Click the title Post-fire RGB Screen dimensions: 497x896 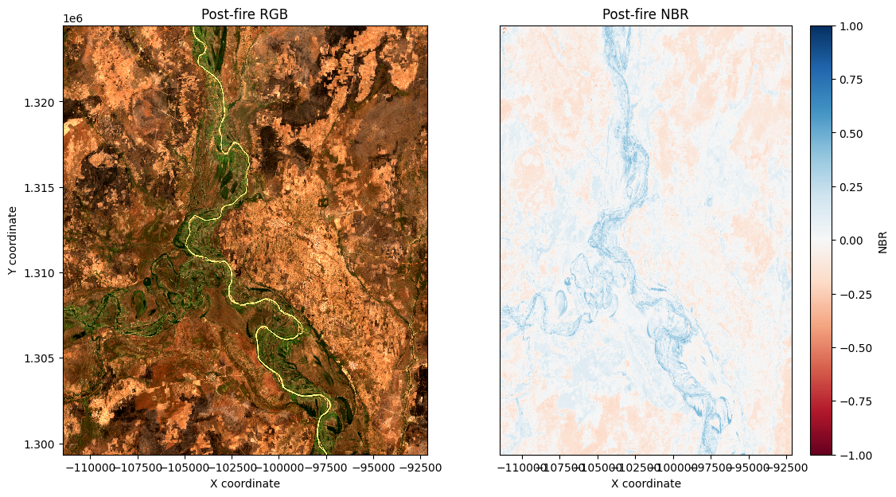pyautogui.click(x=245, y=17)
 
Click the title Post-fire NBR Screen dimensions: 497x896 pyautogui.click(x=645, y=17)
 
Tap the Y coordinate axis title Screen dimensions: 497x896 pyautogui.click(x=14, y=240)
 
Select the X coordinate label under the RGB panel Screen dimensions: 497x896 pyautogui.click(x=245, y=483)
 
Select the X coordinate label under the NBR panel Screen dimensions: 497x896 pyautogui.click(x=645, y=483)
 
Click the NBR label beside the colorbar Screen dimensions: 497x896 pyautogui.click(x=882, y=241)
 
